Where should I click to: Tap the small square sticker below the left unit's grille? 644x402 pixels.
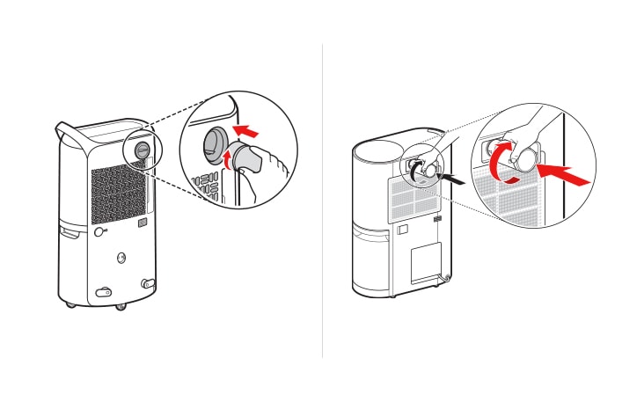pyautogui.click(x=143, y=223)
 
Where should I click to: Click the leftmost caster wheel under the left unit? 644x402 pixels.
pyautogui.click(x=71, y=304)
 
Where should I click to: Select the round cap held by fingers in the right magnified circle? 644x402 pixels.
pyautogui.click(x=526, y=159)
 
